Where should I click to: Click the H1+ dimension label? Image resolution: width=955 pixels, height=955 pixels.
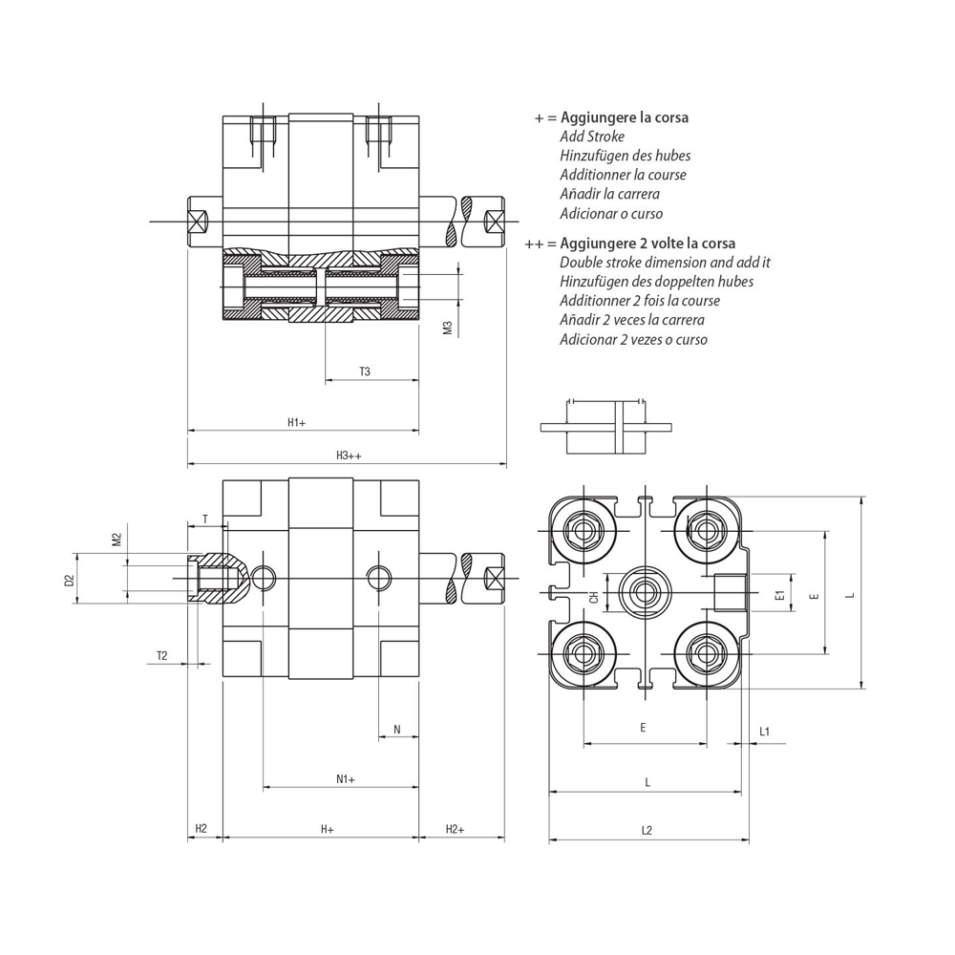pos(296,421)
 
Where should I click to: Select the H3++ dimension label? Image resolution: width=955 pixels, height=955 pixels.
pos(349,455)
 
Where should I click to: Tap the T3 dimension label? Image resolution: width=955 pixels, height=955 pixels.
pos(365,371)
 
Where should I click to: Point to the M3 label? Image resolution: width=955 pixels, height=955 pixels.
pos(447,329)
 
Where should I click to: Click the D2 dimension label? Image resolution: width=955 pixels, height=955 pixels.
pos(69,579)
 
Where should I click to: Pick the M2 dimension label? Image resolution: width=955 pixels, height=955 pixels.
pos(117,540)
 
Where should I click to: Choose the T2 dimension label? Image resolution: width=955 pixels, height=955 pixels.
pos(161,655)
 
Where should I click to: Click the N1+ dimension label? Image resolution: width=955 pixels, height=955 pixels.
pos(346,778)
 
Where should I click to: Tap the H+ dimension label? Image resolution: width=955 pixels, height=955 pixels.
pos(327,828)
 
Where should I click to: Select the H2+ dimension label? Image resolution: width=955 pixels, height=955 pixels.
pos(455,828)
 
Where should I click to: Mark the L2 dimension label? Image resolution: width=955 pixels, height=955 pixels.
pos(647,830)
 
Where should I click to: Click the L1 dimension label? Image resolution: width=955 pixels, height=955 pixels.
pos(765,732)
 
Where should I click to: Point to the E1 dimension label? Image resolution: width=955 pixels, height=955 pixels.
pos(780,595)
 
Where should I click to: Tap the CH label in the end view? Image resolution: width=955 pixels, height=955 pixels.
pos(594,597)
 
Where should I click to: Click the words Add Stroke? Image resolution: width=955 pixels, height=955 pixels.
pos(592,137)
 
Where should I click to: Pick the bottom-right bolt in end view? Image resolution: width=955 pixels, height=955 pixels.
pos(707,653)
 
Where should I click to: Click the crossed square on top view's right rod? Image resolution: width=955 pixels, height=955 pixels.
pos(495,223)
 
